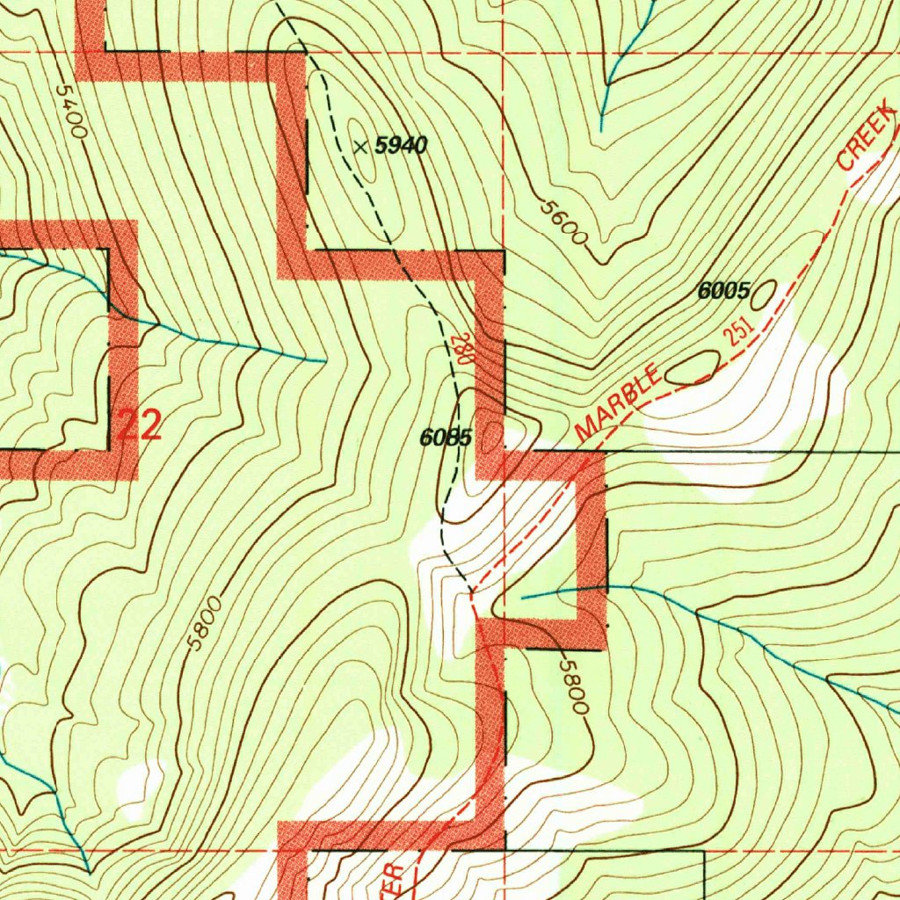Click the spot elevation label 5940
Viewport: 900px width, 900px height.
tap(401, 146)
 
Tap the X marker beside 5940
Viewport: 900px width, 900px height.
tap(360, 146)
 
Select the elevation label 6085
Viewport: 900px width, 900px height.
tap(446, 437)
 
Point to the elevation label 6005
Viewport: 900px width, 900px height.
tap(723, 291)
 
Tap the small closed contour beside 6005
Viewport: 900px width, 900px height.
tap(766, 292)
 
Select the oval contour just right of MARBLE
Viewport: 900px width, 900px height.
tap(693, 367)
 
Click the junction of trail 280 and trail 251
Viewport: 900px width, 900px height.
tap(472, 591)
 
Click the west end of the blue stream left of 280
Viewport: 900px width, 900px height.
tap(2, 254)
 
